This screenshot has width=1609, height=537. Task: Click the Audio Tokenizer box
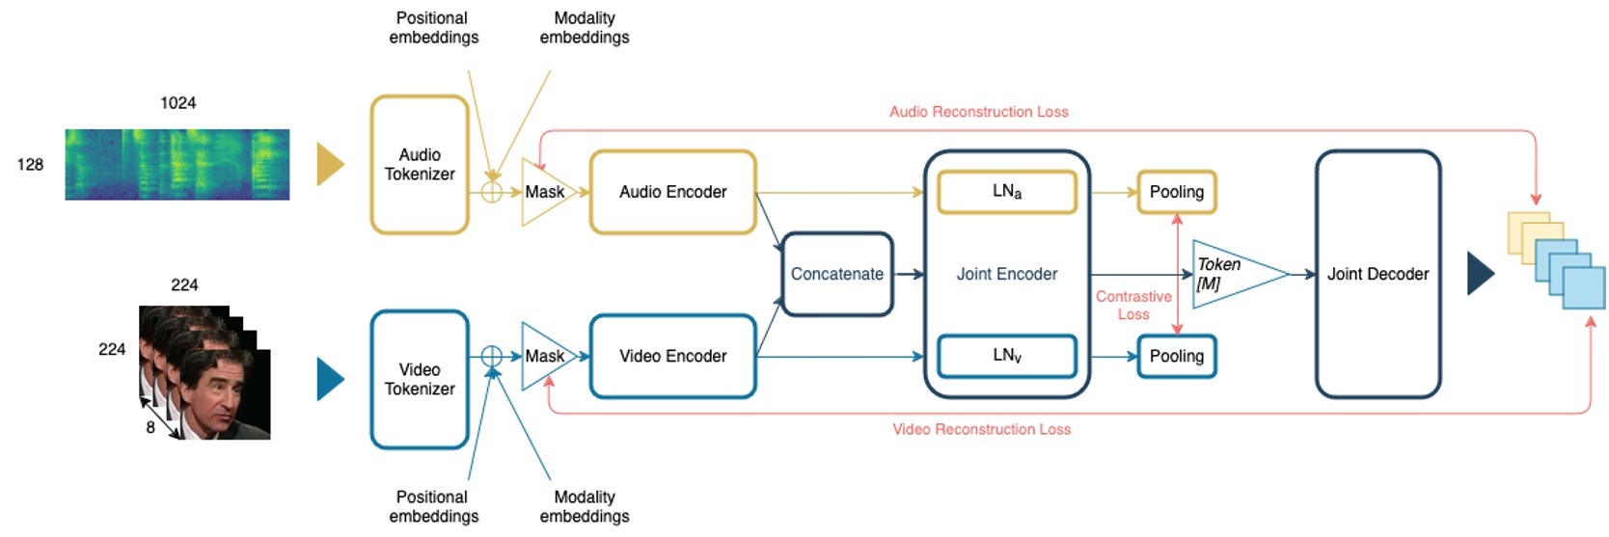(420, 165)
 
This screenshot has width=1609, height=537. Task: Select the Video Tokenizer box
(420, 380)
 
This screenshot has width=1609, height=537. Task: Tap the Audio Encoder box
(672, 192)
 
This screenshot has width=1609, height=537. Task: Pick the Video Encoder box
(672, 356)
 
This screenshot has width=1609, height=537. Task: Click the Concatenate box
(836, 274)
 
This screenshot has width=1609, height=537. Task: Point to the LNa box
(1006, 191)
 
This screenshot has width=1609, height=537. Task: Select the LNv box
(1006, 356)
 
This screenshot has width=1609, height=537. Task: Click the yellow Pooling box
(1176, 192)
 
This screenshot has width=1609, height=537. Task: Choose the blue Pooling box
(1176, 356)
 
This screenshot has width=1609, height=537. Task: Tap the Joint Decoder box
(1377, 274)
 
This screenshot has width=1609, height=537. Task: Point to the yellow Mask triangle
(545, 192)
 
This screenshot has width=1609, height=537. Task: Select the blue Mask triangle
(545, 356)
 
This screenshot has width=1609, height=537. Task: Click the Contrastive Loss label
(1133, 306)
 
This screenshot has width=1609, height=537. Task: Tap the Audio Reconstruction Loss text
(978, 112)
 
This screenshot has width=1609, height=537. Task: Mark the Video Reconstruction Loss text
(981, 429)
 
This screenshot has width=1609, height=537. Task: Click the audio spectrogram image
(177, 165)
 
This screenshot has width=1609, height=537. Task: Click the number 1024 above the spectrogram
(177, 102)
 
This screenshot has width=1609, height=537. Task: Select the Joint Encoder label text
(1006, 274)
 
